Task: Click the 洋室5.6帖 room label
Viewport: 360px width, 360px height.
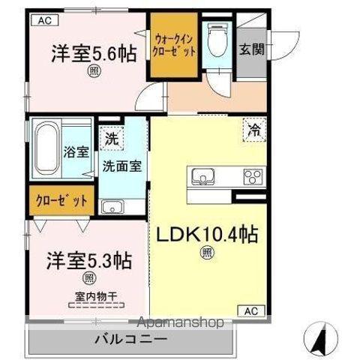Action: point(88,54)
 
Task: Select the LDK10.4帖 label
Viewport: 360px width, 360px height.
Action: point(206,235)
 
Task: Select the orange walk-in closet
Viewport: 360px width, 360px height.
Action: point(173,46)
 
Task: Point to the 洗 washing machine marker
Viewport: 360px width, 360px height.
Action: point(110,138)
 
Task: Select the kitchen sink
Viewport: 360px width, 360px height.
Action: point(204,178)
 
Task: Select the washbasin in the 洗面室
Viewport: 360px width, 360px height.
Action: point(112,206)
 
